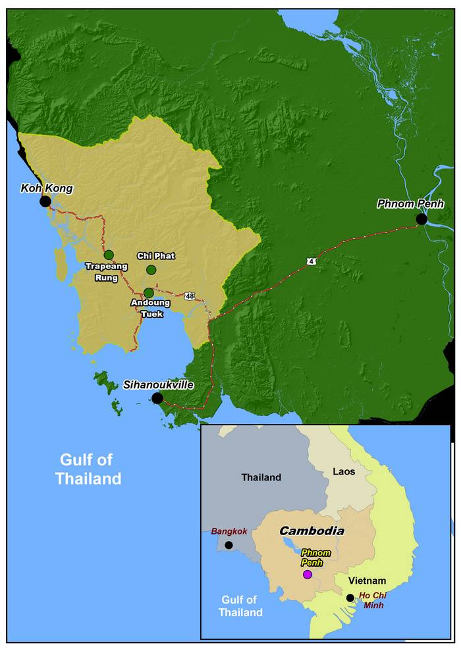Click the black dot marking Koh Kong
(x=45, y=201)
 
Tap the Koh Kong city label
(x=46, y=188)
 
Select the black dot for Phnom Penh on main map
(x=421, y=219)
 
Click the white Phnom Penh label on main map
(x=410, y=204)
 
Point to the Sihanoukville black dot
(x=157, y=398)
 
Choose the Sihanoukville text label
(x=158, y=384)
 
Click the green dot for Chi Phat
(x=151, y=269)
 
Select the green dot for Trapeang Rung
(x=109, y=255)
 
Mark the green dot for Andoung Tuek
(x=149, y=292)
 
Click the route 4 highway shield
(x=310, y=261)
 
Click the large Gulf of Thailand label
(x=89, y=469)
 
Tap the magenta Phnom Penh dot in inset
(x=307, y=575)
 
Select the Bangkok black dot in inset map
(x=229, y=545)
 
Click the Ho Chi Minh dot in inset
(x=350, y=598)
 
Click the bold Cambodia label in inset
(x=312, y=531)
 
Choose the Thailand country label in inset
(x=261, y=477)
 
